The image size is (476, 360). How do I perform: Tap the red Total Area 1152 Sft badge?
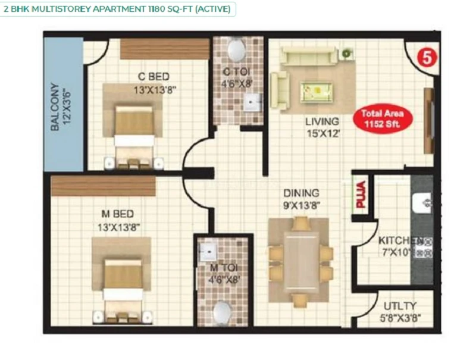(x=383, y=118)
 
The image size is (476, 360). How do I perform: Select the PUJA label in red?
(x=361, y=195)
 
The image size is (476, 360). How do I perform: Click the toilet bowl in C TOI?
(x=237, y=49)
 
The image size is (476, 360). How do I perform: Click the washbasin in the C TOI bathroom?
(x=252, y=102)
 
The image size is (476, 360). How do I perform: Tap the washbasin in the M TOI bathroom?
(x=208, y=251)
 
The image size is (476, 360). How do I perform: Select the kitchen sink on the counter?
(x=422, y=202)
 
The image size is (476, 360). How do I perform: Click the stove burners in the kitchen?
(x=424, y=247)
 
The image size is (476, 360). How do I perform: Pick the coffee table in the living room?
(x=317, y=92)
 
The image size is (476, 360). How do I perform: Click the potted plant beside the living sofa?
(x=346, y=54)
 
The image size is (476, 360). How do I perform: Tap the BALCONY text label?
(x=55, y=107)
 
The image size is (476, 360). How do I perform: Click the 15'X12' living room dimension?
(x=323, y=133)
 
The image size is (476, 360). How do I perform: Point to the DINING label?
(x=301, y=193)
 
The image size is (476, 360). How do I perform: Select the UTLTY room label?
(x=400, y=306)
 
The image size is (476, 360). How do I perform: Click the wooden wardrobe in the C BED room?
(x=165, y=49)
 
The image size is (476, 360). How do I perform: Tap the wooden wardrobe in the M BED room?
(x=103, y=186)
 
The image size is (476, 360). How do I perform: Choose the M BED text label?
(x=117, y=214)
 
